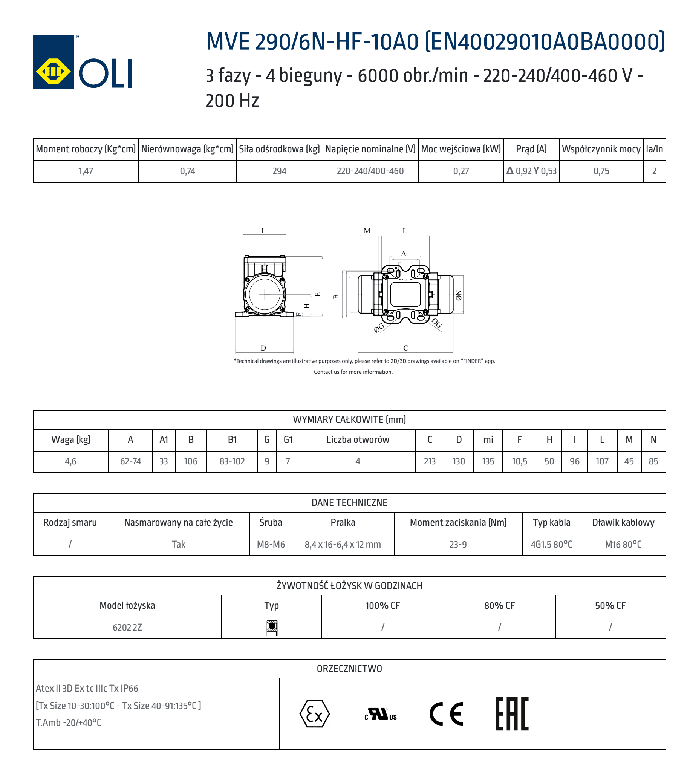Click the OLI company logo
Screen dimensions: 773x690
(x=82, y=62)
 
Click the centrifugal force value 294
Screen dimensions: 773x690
(x=279, y=171)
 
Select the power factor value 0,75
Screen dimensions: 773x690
(x=601, y=171)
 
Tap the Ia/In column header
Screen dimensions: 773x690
(x=654, y=149)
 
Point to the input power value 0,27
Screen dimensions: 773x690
(x=461, y=171)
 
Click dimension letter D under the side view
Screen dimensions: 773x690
(x=263, y=348)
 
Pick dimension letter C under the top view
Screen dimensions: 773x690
(x=405, y=348)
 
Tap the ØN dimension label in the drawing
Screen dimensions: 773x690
(x=459, y=295)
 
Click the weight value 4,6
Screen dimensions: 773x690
(x=70, y=461)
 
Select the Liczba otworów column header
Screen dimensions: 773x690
(x=358, y=440)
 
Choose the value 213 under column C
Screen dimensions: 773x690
(x=430, y=461)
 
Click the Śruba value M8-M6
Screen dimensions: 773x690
(x=271, y=545)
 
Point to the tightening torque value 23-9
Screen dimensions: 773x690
(x=458, y=545)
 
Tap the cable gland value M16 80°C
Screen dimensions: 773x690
(x=623, y=545)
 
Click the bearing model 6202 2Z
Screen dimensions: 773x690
(x=127, y=628)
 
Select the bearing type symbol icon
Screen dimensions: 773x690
(x=272, y=628)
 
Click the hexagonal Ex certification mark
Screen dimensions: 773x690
(x=314, y=714)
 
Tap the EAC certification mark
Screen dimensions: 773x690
(x=512, y=714)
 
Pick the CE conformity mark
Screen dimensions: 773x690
(x=446, y=714)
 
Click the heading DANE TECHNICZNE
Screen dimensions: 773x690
(x=349, y=503)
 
